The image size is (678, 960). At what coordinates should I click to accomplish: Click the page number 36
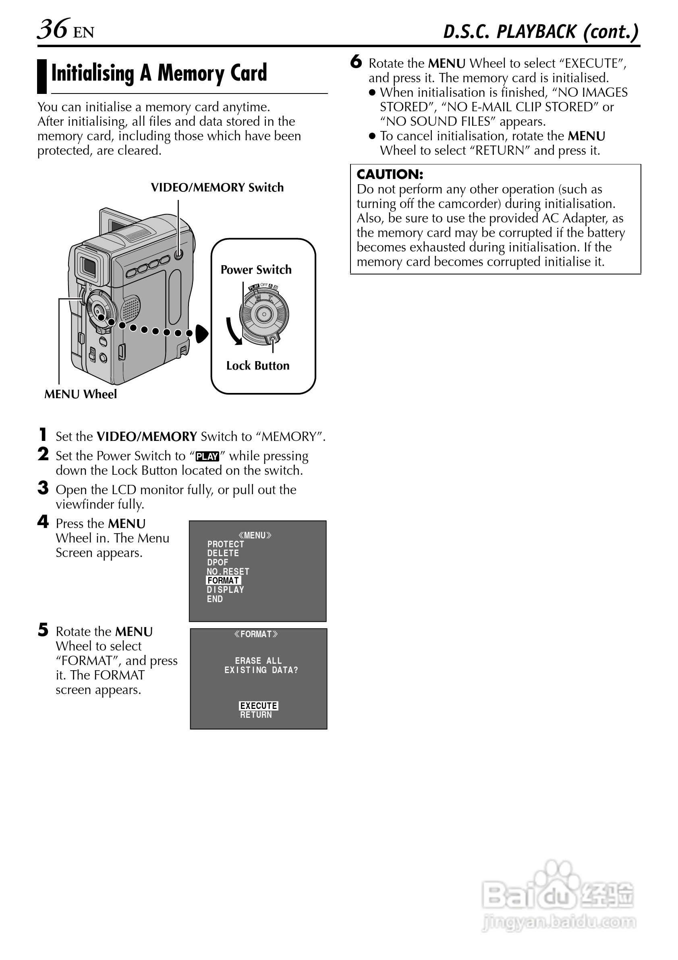coord(53,29)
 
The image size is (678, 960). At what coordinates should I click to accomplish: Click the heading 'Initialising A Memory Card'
coord(159,73)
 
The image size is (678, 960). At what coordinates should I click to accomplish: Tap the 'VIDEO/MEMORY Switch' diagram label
coord(217,187)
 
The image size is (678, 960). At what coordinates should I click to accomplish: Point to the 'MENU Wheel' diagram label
coord(80,394)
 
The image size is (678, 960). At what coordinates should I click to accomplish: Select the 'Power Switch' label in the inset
coord(256,270)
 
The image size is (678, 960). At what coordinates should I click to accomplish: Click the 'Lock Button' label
coord(257,366)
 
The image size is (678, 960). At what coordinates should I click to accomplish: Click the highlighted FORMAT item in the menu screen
coord(223,580)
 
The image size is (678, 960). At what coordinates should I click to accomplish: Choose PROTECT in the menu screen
coord(225,544)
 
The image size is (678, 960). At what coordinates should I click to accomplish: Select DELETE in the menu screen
coord(223,553)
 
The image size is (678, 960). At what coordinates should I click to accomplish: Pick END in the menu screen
coord(214,599)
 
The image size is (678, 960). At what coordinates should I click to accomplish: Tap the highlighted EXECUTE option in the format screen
coord(258,706)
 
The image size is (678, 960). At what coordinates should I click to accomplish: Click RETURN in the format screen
coord(256,715)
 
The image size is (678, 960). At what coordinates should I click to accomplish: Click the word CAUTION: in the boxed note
coord(390,175)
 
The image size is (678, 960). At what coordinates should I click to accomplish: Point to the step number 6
coord(356,62)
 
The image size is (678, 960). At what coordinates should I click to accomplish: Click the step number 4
coord(43,522)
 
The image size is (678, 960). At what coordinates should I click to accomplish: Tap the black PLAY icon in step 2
coord(207,457)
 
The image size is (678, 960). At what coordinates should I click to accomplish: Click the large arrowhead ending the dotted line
coord(202,334)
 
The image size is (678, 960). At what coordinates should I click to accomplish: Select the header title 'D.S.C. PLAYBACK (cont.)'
coord(541,32)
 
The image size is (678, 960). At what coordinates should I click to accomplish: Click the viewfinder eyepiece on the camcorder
coord(88,266)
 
